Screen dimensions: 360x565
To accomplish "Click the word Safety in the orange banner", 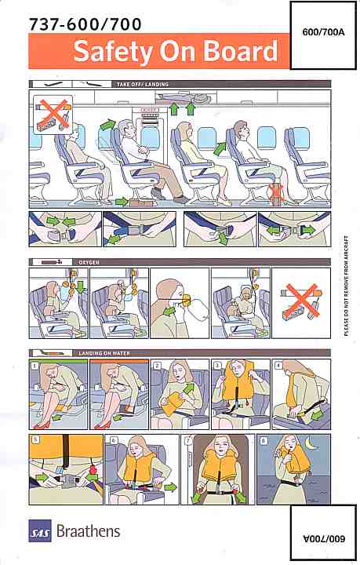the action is (x=113, y=51).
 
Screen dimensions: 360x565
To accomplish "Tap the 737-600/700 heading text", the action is (x=85, y=24).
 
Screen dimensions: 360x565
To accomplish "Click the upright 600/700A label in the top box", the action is (x=323, y=32).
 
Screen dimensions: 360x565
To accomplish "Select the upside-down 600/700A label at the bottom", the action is (x=324, y=538).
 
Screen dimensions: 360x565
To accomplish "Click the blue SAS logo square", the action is (x=40, y=530).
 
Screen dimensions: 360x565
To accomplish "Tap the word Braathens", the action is (x=88, y=531).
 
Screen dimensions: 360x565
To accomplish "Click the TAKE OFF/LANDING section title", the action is (x=142, y=84).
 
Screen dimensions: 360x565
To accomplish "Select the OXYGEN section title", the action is (x=89, y=262).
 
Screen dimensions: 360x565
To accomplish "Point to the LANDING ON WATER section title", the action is (x=104, y=353).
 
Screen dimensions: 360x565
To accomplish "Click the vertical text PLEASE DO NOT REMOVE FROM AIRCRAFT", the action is (x=346, y=286).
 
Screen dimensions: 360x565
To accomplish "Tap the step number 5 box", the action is (x=35, y=439).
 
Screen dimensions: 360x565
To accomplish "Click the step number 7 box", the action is (x=188, y=441).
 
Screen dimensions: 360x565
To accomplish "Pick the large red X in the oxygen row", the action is (x=302, y=300).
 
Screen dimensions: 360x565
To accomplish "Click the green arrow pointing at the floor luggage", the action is (x=122, y=202).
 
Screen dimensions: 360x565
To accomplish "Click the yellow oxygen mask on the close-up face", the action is (x=185, y=299).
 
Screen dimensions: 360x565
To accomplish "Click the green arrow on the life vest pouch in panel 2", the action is (x=189, y=390).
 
